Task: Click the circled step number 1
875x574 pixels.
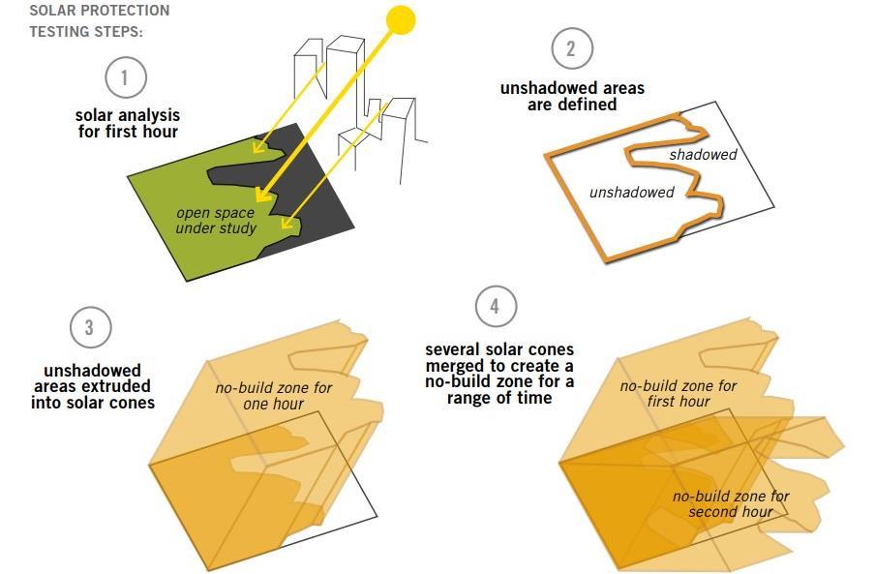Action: tap(125, 78)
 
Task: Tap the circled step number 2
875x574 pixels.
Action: tap(572, 49)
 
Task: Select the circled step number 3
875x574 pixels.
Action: tap(90, 327)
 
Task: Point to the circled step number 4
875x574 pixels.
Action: tap(496, 307)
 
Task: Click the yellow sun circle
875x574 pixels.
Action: tap(400, 19)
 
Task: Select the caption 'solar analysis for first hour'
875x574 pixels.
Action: tap(128, 123)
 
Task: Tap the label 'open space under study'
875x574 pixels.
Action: tap(215, 221)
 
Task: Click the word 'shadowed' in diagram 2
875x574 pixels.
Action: tap(703, 155)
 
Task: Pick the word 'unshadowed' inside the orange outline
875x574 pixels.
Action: tap(631, 193)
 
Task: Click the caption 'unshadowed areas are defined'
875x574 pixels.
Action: tap(572, 96)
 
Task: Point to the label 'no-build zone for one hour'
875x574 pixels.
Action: tap(273, 396)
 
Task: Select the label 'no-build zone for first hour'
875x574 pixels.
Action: tap(678, 393)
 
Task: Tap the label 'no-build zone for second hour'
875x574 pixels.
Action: tap(731, 503)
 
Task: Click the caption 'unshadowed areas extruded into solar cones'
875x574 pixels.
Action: tap(92, 386)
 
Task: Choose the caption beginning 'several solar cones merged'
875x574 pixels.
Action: tap(499, 374)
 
